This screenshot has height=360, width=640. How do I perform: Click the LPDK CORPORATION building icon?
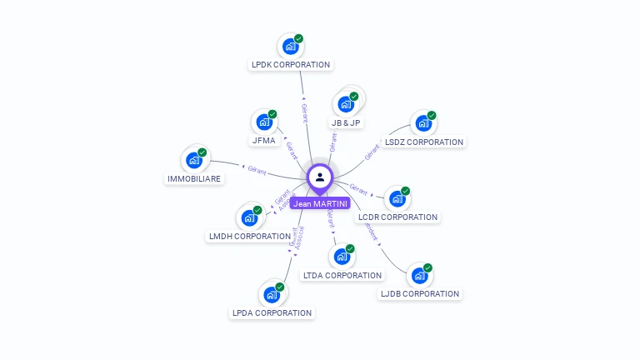tap(290, 47)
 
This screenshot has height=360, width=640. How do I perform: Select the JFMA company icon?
tap(264, 122)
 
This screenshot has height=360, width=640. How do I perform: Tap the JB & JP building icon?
tap(345, 105)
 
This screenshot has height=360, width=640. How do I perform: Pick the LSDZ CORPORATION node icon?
tap(423, 124)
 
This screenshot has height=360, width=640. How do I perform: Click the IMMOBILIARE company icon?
tap(194, 160)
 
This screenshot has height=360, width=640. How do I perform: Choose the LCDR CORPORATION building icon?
tap(397, 199)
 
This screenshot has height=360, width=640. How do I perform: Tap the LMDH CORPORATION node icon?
tap(249, 217)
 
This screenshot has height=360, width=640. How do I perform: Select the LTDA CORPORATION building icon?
tap(342, 257)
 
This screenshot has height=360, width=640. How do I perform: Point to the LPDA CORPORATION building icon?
tap(272, 294)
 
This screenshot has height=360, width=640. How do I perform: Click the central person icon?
tap(320, 177)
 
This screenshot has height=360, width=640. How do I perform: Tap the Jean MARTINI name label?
tap(320, 203)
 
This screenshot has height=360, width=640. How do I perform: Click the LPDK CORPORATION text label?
tap(291, 65)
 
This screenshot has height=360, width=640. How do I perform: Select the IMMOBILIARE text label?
tap(194, 179)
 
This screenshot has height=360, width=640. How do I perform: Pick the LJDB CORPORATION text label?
tap(420, 294)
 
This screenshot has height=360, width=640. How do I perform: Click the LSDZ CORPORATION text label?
tap(424, 142)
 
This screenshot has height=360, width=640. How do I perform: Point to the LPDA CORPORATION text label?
tap(272, 313)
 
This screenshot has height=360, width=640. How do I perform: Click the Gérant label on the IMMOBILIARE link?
tap(257, 170)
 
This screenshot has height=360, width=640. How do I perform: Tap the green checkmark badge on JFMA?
tap(272, 114)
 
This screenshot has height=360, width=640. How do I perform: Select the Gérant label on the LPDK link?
tap(304, 112)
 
